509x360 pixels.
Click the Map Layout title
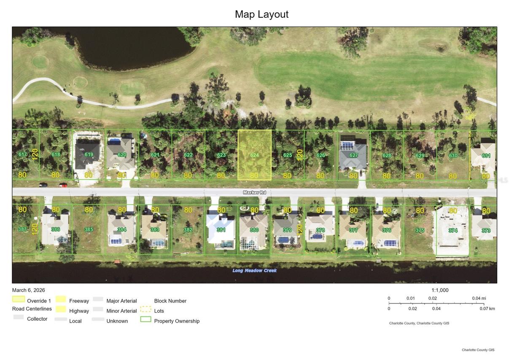[x=261, y=14]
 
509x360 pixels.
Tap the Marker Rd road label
[x=254, y=192]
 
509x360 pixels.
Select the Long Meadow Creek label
[x=254, y=271]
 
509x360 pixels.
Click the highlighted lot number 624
[x=254, y=155]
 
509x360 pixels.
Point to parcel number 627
[x=353, y=155]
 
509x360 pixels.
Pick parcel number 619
[x=89, y=154]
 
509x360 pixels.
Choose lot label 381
[x=221, y=230]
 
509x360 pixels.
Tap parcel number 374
[x=452, y=230]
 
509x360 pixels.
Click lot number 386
[x=55, y=230]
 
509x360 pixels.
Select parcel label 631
[x=486, y=155]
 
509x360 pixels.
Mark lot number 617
[x=22, y=154]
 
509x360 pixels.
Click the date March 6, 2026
[x=29, y=290]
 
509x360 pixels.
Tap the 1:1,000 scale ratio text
[x=440, y=290]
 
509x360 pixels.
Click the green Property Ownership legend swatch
[x=145, y=319]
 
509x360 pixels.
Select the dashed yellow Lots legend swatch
[x=145, y=309]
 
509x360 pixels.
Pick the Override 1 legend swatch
[x=18, y=299]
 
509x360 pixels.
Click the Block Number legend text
[x=170, y=301]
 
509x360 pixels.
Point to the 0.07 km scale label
[x=487, y=309]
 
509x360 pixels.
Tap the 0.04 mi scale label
[x=479, y=298]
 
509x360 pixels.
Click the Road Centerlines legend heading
[x=32, y=309]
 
